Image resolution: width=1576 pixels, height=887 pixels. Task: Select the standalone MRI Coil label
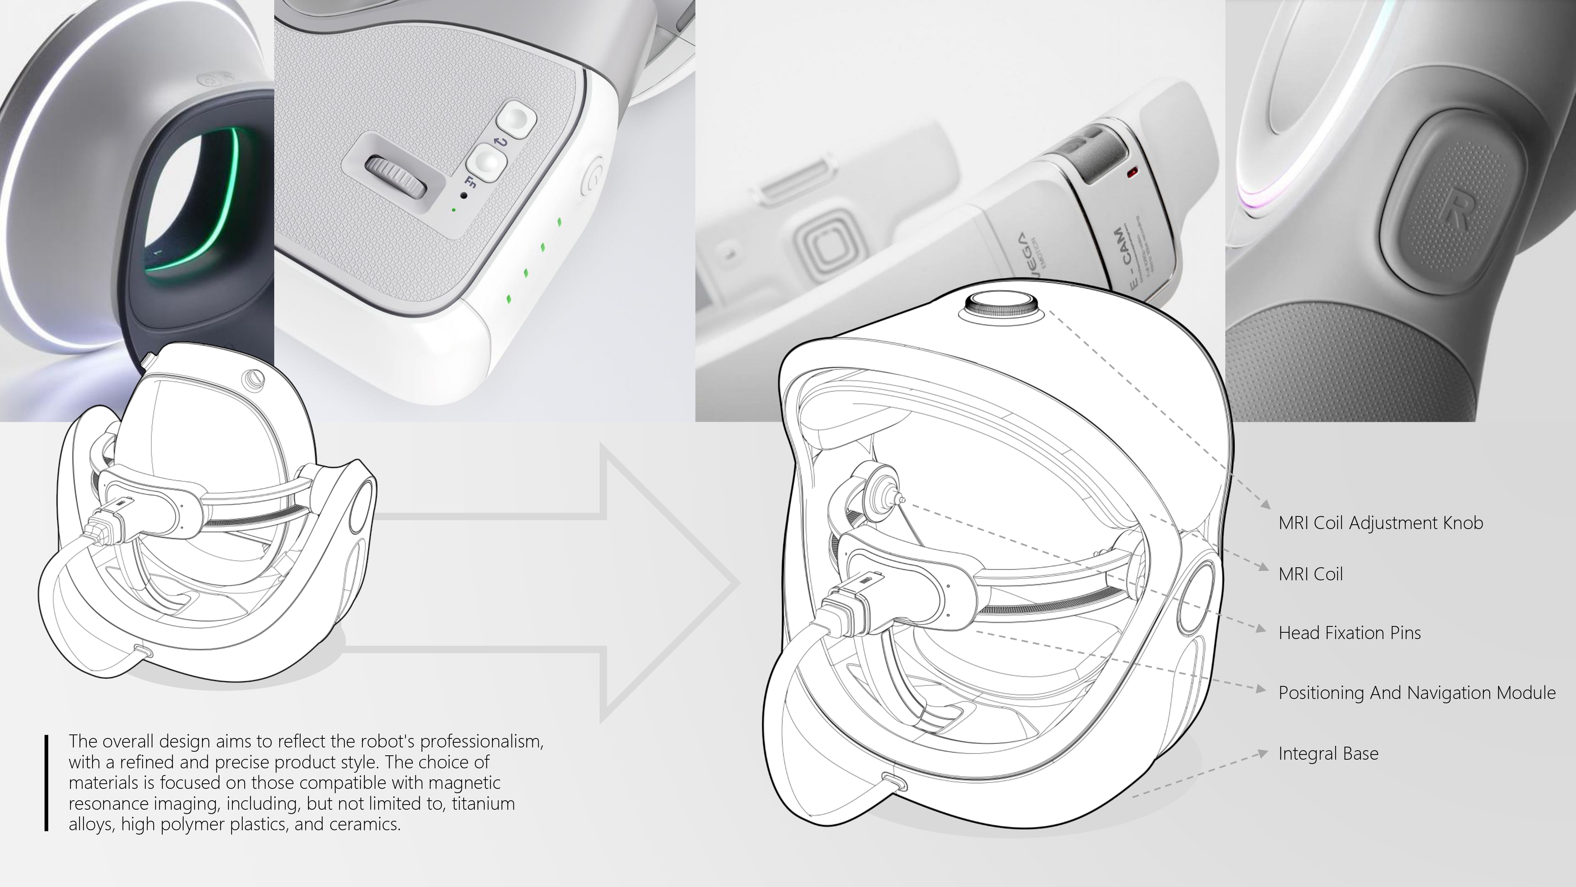pos(1310,574)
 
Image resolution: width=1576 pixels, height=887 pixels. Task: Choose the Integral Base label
pos(1328,753)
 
